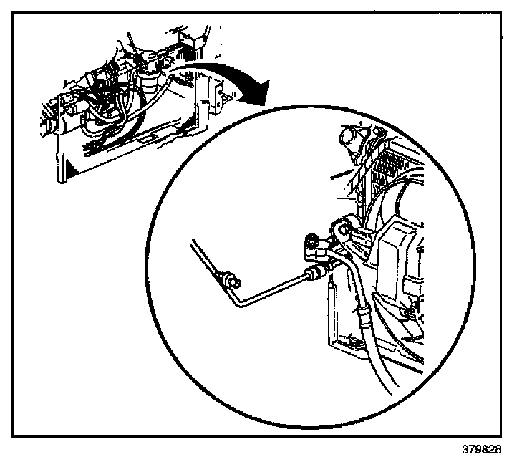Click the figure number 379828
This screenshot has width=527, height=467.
(x=483, y=451)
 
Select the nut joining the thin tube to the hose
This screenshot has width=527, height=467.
(x=314, y=271)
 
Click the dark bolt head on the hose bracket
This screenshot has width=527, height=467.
(x=312, y=241)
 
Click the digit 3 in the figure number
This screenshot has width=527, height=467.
(x=466, y=451)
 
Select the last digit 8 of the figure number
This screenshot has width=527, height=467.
(x=498, y=451)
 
